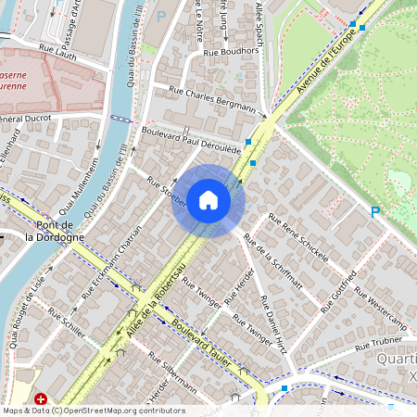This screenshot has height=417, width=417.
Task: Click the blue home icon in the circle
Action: coord(208,200)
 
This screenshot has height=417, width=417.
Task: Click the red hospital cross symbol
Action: coord(41,398)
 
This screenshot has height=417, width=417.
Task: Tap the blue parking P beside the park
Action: coord(375,212)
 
